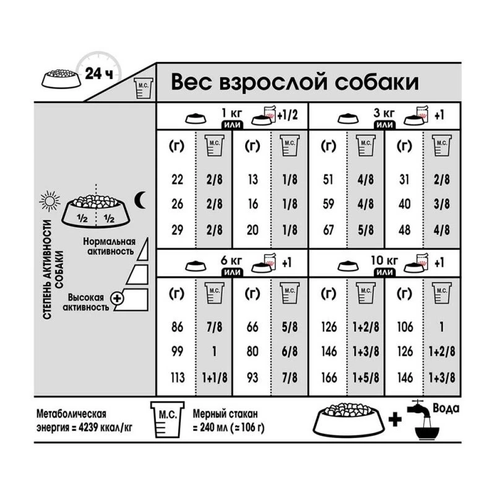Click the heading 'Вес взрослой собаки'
click(x=294, y=82)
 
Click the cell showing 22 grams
click(x=177, y=180)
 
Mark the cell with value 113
click(x=177, y=379)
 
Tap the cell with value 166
click(x=329, y=379)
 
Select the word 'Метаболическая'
click(x=62, y=413)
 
